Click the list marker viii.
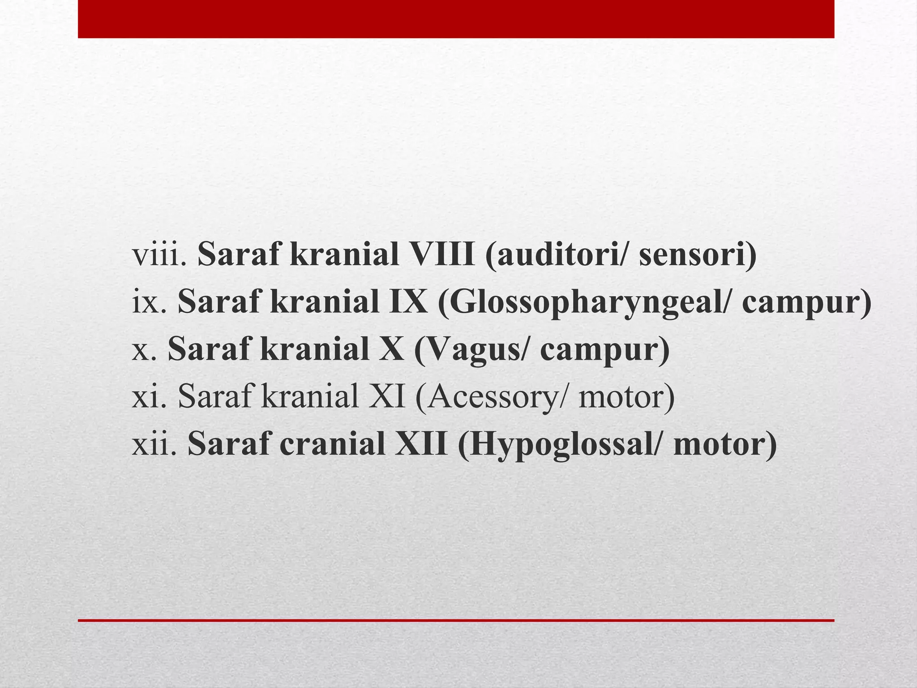pyautogui.click(x=159, y=255)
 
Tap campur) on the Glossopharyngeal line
pyautogui.click(x=806, y=302)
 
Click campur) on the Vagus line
pyautogui.click(x=604, y=350)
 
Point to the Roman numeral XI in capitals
pyautogui.click(x=387, y=397)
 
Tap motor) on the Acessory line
pyautogui.click(x=626, y=397)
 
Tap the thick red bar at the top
pyautogui.click(x=456, y=19)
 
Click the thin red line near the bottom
pyautogui.click(x=456, y=620)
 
